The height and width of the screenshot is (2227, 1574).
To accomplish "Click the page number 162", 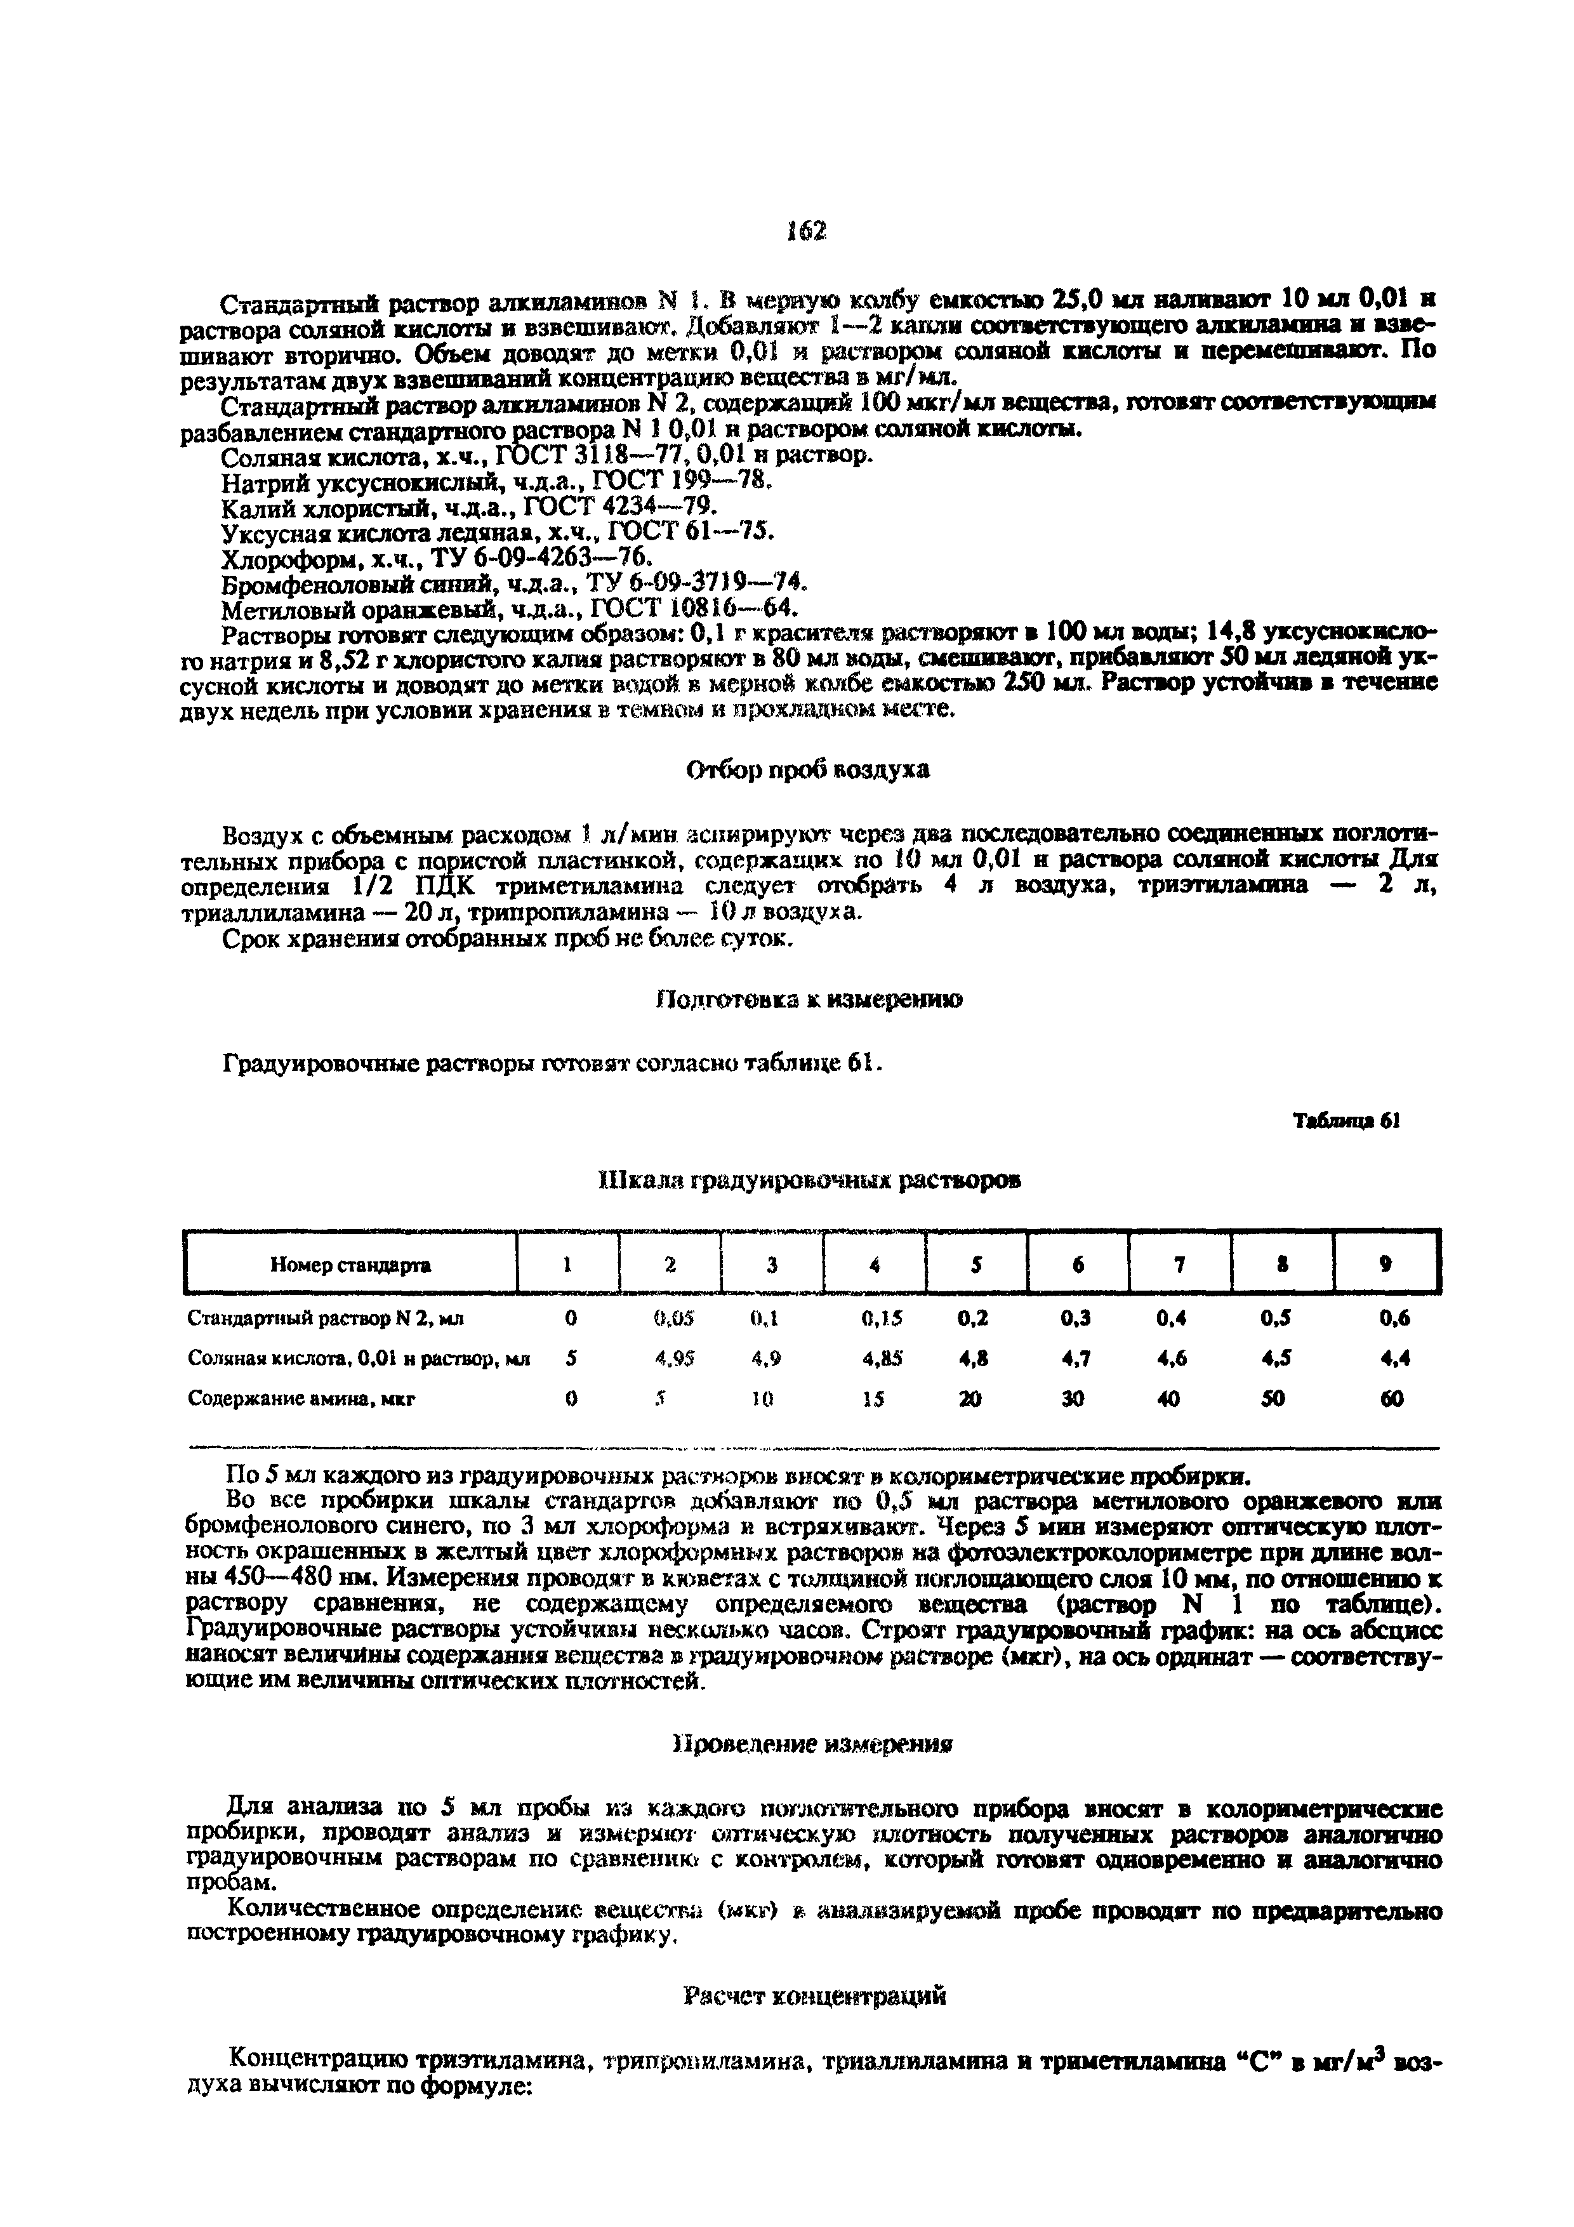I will (x=806, y=231).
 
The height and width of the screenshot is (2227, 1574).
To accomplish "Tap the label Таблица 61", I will (x=1347, y=1120).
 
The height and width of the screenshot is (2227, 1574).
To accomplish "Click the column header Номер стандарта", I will (x=350, y=1265).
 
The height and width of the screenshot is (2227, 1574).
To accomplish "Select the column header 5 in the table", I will (x=977, y=1265).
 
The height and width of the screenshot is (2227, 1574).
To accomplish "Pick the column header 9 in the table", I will (x=1386, y=1265).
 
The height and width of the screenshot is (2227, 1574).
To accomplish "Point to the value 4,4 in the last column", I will (x=1394, y=1359).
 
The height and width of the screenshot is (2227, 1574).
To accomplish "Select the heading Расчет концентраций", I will (x=812, y=1996).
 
